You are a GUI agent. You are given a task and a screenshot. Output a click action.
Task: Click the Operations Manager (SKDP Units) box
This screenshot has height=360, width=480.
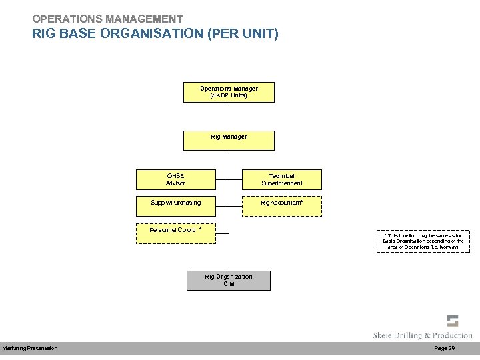coord(229,92)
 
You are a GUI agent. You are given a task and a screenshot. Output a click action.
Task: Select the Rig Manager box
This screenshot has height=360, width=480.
coord(229,140)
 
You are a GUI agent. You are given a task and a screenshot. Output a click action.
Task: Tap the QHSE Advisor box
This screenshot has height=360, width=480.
coord(176,179)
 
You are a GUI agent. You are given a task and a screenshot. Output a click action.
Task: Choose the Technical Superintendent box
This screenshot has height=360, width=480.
coord(281,179)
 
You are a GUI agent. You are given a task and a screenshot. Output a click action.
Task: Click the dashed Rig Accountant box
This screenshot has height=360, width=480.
coord(281,206)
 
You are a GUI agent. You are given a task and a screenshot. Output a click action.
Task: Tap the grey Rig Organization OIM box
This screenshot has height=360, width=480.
coord(229,280)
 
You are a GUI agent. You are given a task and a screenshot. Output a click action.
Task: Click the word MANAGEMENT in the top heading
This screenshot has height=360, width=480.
coord(143,19)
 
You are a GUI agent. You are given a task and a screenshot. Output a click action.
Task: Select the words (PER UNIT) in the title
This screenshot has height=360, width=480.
coord(243,33)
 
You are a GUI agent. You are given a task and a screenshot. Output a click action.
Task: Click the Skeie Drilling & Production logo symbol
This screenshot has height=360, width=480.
coord(453,321)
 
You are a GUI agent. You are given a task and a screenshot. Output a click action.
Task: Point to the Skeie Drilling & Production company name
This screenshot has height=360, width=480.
coord(423,335)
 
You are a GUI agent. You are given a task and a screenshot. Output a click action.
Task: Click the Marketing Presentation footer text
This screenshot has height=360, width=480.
coord(30,349)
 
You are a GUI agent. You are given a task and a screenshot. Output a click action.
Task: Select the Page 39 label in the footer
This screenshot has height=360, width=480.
coord(444,349)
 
